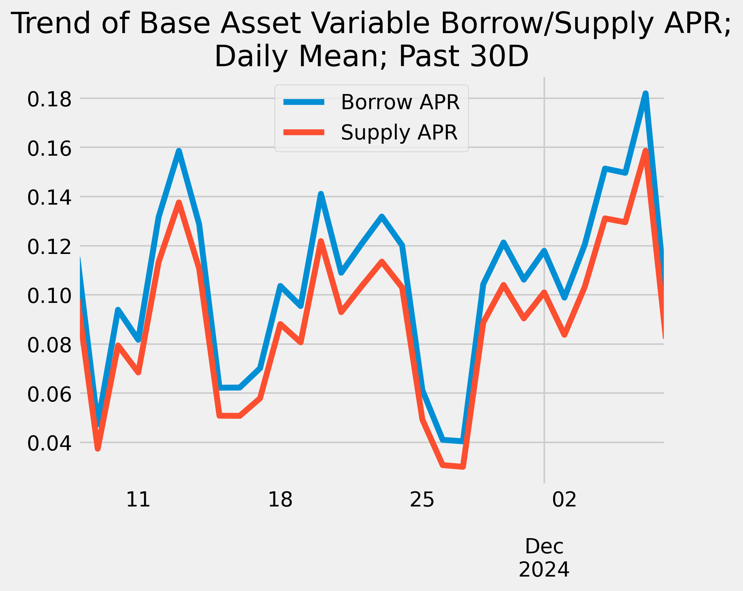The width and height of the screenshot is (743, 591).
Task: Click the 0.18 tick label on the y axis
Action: coord(49,99)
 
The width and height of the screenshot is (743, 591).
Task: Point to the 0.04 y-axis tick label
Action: coord(49,443)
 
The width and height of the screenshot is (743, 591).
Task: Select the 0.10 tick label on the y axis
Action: coord(49,296)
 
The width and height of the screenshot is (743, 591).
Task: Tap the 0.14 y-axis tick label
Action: coord(49,198)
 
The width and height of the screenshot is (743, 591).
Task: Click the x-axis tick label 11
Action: coord(138,499)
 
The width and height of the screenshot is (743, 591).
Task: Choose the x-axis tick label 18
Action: coord(280,499)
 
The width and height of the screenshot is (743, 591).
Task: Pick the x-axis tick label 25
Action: coord(422,499)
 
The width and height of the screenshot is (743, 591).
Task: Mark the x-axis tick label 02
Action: coord(564,499)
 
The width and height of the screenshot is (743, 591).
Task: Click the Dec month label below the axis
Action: coord(544,547)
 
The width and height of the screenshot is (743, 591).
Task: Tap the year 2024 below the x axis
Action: coord(544,570)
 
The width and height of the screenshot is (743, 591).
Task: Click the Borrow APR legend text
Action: coord(400,102)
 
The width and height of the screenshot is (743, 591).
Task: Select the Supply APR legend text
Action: coord(399,133)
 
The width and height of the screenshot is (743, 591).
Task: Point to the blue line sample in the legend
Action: coord(304,102)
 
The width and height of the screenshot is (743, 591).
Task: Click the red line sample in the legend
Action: coord(304,132)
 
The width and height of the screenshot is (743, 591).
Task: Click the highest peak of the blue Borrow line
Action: coord(645,94)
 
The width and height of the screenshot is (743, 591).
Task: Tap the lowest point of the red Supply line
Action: coord(463,467)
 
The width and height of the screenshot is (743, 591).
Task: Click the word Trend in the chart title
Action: coord(51,24)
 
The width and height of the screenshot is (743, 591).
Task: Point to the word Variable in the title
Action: coord(365,24)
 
